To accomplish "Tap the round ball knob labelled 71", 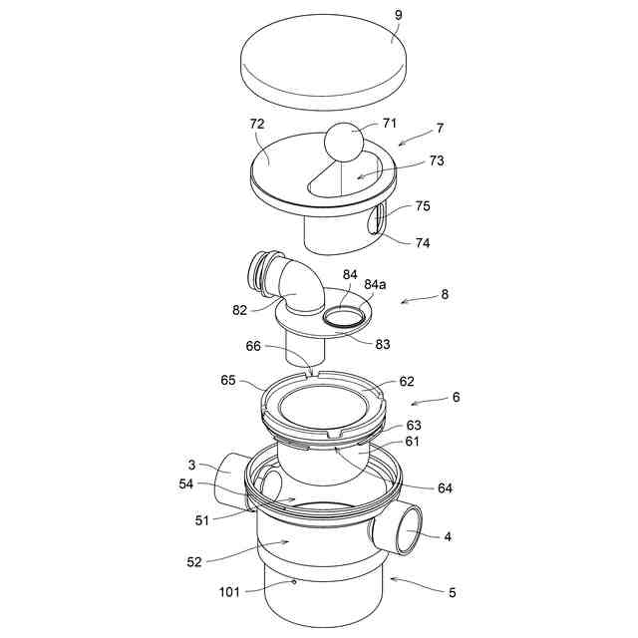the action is click(345, 142).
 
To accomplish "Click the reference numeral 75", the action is click(423, 207).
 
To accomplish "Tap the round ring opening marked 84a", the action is click(344, 318).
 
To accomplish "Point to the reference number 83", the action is click(383, 344).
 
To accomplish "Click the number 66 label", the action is click(253, 347).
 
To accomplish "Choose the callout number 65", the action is click(228, 381).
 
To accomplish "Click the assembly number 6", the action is click(456, 397).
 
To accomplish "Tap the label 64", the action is click(446, 487).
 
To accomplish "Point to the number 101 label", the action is click(230, 591).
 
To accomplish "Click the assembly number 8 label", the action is click(445, 295).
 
